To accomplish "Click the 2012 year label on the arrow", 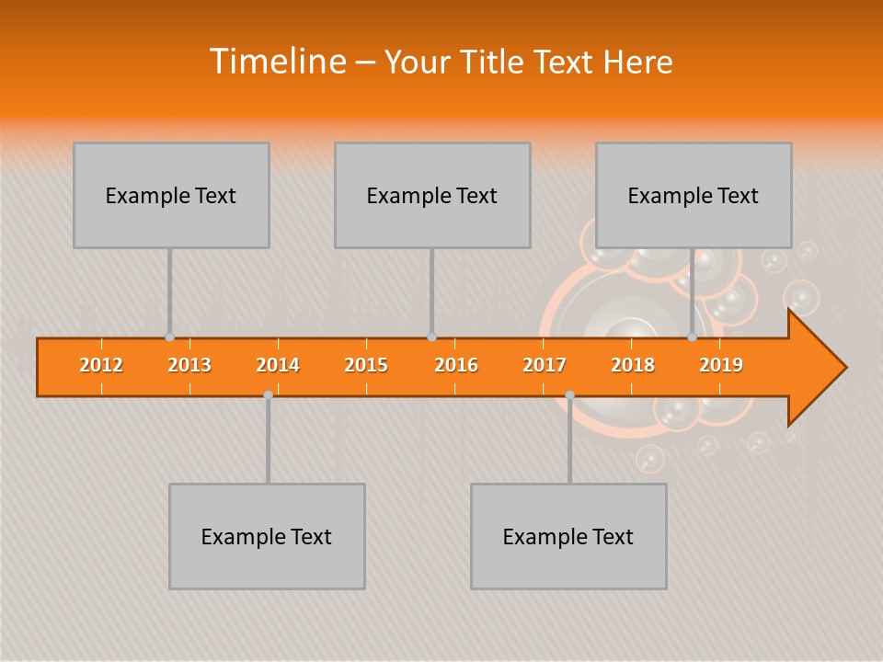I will tap(101, 365).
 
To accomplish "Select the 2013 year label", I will tap(189, 365).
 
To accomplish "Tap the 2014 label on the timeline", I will tap(278, 365).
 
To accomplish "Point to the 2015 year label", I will tap(366, 365).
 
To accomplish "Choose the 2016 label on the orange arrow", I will tap(456, 365).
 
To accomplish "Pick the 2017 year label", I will tap(545, 365).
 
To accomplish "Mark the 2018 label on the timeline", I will tap(633, 365).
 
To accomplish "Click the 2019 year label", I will tap(721, 365).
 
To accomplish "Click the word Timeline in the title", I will tap(276, 62).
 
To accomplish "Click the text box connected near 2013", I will tap(171, 195).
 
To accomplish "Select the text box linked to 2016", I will tap(432, 195).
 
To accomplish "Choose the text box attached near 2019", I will tap(694, 195).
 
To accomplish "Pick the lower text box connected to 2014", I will tap(267, 536).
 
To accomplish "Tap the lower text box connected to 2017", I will tap(568, 536).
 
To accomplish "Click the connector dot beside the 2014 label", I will tap(268, 394).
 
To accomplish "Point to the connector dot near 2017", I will tap(569, 394).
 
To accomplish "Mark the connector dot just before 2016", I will tap(431, 337).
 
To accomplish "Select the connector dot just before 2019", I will tap(692, 337).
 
